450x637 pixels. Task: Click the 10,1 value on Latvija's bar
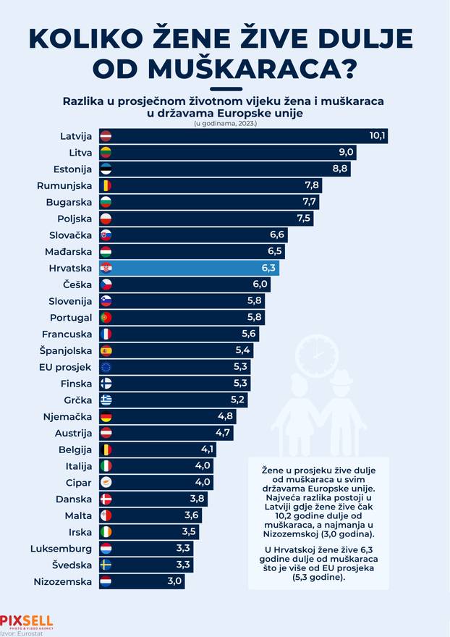(377, 135)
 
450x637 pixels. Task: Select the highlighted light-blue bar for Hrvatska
(188, 268)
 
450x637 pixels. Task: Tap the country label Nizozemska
(63, 581)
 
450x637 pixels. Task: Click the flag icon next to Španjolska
(106, 350)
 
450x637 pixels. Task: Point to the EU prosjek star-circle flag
(106, 367)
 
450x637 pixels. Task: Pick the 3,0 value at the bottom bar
(174, 581)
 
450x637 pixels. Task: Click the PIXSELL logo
(26, 621)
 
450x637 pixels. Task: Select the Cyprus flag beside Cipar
(106, 481)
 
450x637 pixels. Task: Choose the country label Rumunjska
(64, 185)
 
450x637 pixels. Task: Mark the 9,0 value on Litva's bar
(346, 152)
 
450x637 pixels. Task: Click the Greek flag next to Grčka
(106, 400)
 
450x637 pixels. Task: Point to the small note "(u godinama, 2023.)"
(224, 124)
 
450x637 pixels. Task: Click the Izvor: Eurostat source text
(22, 632)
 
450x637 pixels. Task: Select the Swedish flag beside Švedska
(106, 564)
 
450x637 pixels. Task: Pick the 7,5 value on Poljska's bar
(303, 218)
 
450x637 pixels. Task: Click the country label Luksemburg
(61, 548)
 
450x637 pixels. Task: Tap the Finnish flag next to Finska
(106, 383)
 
